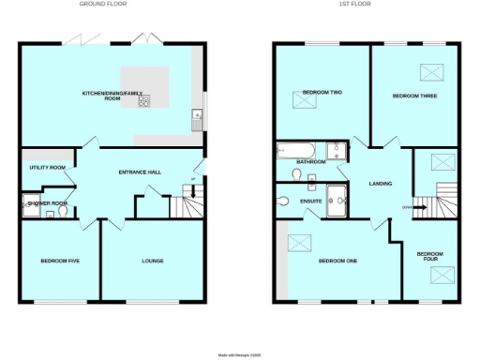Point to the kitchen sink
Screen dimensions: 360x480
(x=196, y=117)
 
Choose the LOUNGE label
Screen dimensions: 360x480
(x=151, y=261)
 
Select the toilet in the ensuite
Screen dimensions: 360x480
(x=283, y=199)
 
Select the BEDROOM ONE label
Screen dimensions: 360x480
(x=338, y=261)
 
